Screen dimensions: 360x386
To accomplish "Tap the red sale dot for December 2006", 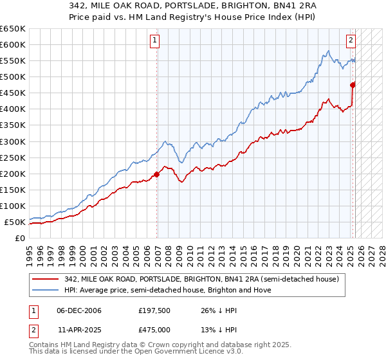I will click(157, 174).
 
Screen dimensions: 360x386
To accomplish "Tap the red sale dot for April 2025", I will click(353, 84).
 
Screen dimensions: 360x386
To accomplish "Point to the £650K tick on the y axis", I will click(13, 29).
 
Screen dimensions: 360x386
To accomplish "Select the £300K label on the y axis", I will click(13, 141).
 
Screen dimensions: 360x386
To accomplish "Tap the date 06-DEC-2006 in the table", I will click(78, 310).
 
